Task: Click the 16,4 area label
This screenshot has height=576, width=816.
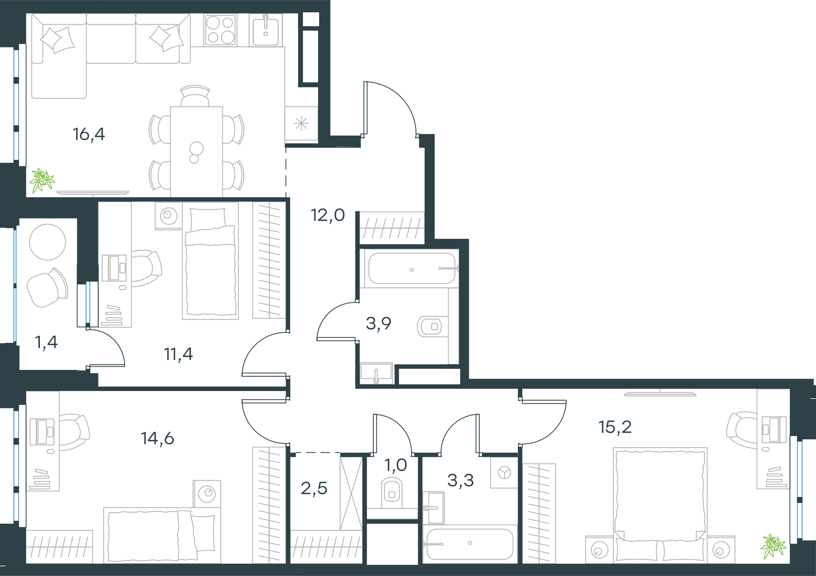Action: (89, 134)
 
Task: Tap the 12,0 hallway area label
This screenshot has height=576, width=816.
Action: (328, 215)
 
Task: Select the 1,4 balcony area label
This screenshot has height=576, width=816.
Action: (47, 342)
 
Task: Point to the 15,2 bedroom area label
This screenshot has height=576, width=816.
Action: (615, 427)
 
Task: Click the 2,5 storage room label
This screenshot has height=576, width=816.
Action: (314, 488)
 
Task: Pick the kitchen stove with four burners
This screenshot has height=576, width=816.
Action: (220, 30)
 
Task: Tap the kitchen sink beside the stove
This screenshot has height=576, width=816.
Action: (266, 30)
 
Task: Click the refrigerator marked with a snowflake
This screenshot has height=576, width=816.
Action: (301, 124)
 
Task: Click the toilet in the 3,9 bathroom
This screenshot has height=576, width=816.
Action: (432, 326)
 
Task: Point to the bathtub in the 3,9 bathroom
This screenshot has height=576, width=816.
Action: (412, 268)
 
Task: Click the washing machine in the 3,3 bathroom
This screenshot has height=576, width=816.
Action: (504, 473)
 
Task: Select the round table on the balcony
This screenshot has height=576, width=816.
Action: (47, 242)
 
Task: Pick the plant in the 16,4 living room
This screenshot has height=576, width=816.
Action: (42, 180)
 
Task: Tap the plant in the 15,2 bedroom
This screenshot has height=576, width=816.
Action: (773, 546)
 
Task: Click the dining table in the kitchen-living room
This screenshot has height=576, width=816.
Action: (196, 151)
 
